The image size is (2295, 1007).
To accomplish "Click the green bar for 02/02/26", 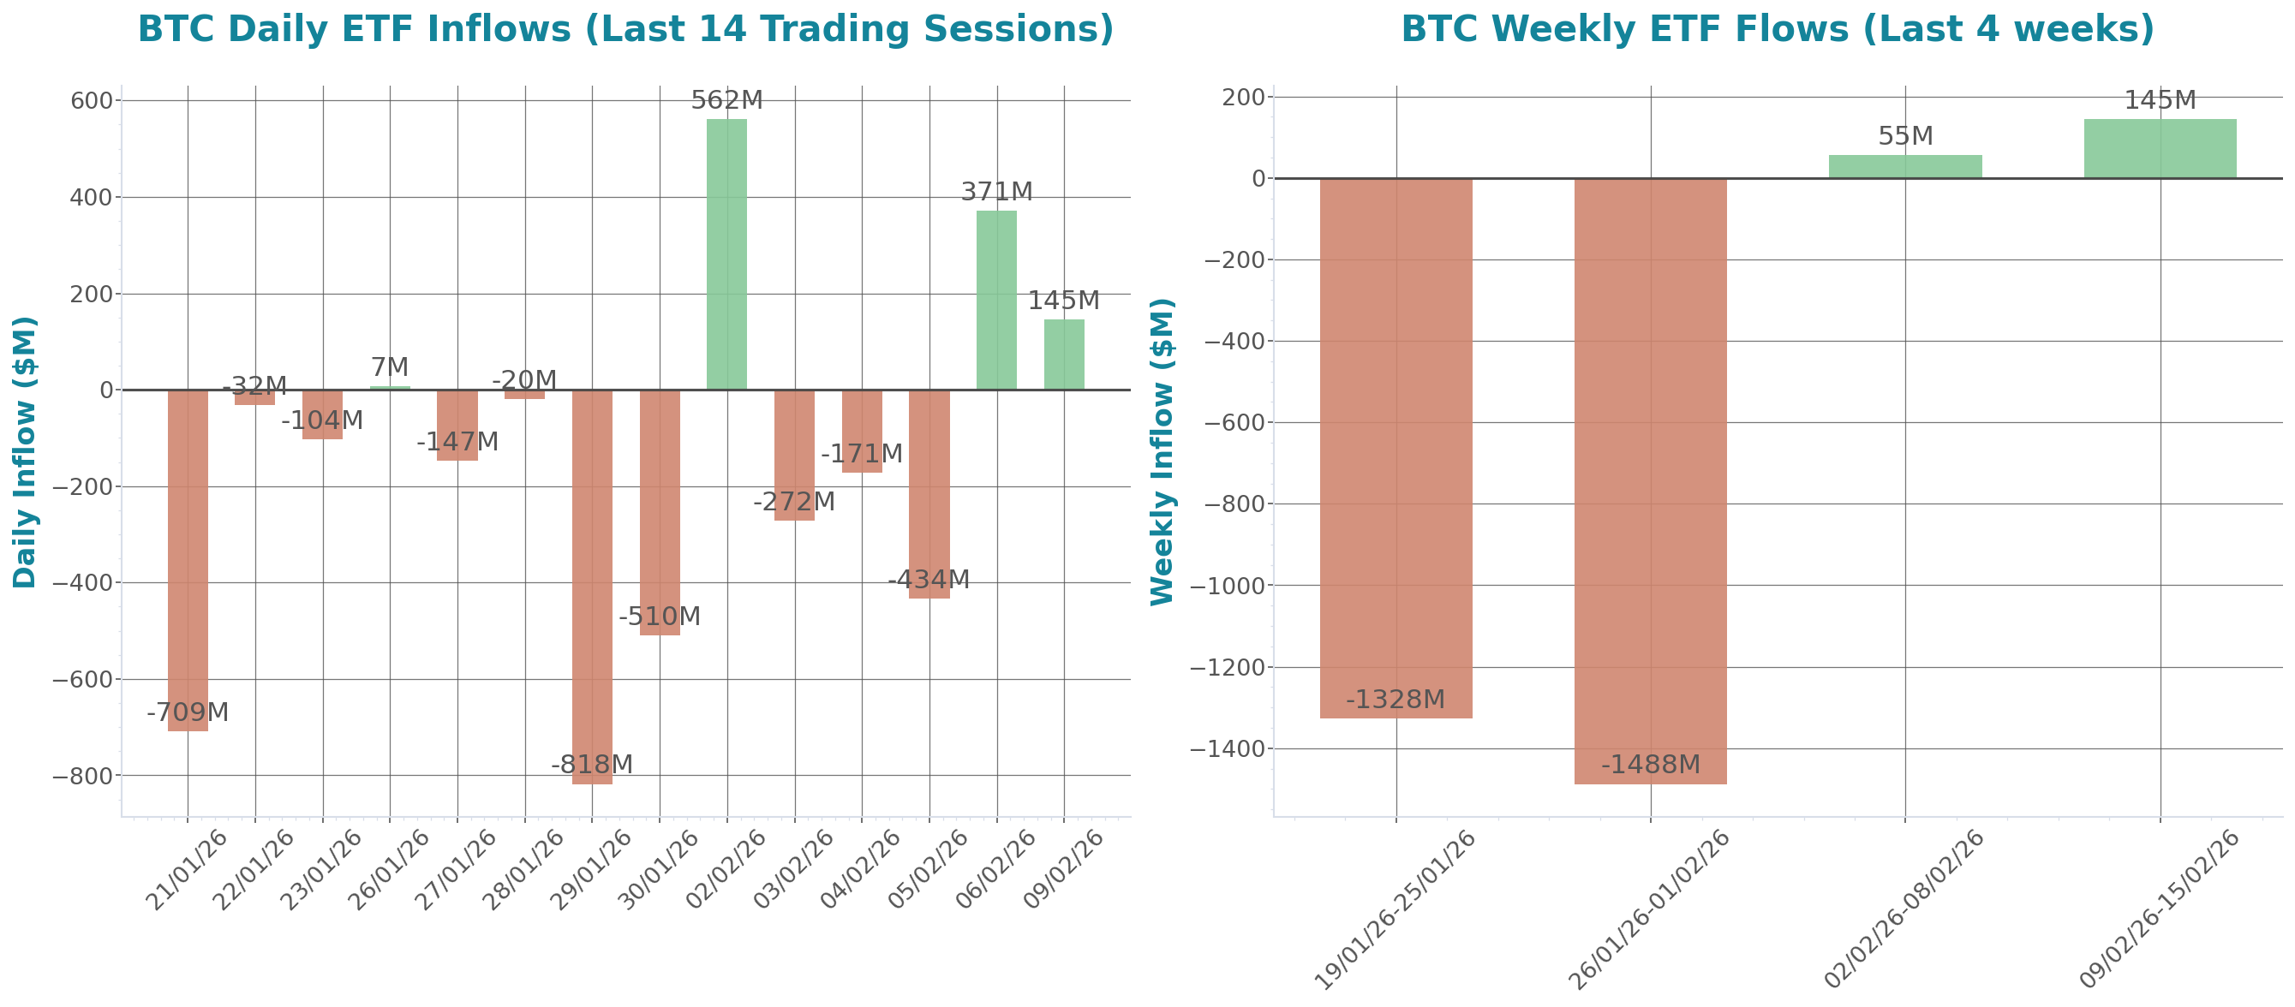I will click(x=726, y=253).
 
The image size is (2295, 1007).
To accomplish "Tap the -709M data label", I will click(x=187, y=712).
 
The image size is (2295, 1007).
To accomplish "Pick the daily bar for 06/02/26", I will click(x=996, y=300).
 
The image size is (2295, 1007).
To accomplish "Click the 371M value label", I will click(x=996, y=191).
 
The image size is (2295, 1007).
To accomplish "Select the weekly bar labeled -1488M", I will click(x=1650, y=480).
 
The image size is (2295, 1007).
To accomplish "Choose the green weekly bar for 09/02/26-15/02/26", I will click(x=2160, y=149).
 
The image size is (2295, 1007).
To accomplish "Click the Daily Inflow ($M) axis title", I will click(x=24, y=451).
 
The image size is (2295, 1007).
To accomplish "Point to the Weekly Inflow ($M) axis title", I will click(x=1162, y=451).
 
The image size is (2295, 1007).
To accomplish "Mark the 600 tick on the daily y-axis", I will click(x=92, y=100).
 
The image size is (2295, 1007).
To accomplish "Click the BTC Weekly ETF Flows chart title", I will click(x=1777, y=29).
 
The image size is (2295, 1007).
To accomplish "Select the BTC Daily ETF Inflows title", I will click(x=625, y=29).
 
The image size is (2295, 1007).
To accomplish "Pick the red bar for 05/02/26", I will click(x=929, y=494).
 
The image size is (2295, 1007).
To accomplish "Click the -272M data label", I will click(x=794, y=502).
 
